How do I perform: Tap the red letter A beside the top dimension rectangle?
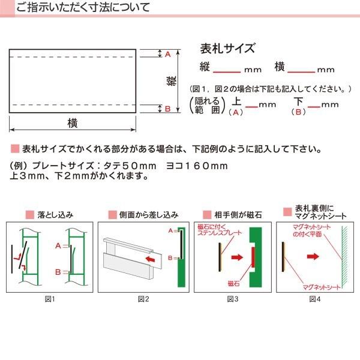168,54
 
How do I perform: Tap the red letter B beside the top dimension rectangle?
168,109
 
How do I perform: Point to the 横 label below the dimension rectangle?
73,122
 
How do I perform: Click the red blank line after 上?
251,107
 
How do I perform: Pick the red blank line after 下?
314,107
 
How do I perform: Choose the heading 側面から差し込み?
148,214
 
